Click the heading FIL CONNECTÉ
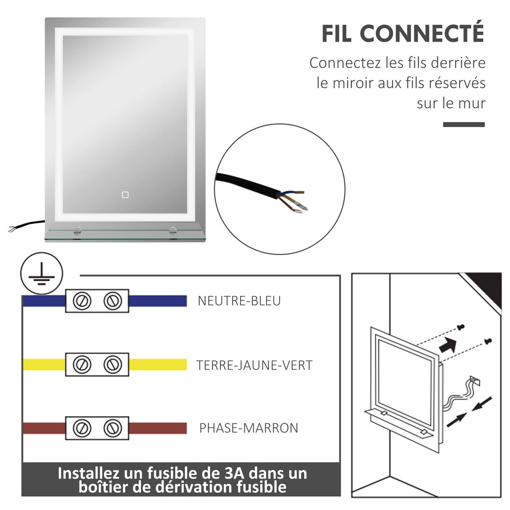coord(402,34)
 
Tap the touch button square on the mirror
coord(125,195)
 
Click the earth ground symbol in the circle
coord(42,273)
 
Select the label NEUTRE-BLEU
coord(239,301)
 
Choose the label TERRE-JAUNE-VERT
coord(254,365)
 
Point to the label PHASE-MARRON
coord(249,428)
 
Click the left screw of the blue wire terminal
coord(81,301)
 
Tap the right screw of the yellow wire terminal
coord(113,365)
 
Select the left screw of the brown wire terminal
coord(81,428)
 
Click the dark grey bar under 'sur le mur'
coord(464,125)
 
